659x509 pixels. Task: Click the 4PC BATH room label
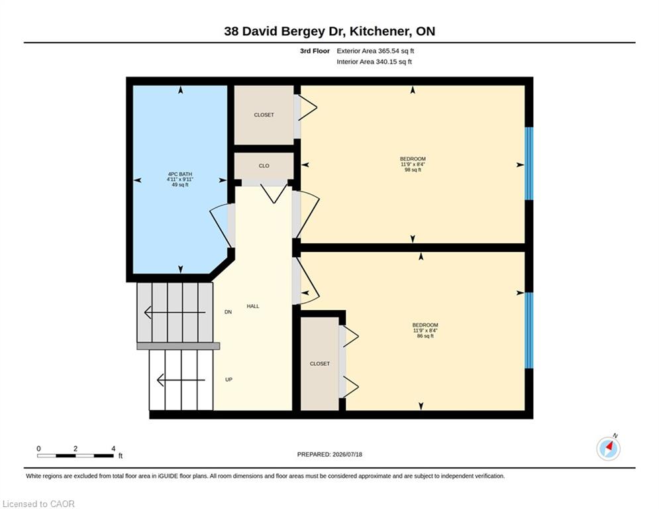[180, 174]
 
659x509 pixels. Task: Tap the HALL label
[253, 306]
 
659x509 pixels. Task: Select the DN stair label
[228, 312]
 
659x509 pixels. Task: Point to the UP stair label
[228, 380]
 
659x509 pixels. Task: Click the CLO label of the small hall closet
[264, 166]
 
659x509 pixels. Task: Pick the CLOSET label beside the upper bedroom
[264, 115]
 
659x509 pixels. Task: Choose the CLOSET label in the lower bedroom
[320, 364]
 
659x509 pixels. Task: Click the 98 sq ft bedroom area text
[413, 170]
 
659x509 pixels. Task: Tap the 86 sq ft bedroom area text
[425, 336]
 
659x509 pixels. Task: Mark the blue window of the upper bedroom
[530, 163]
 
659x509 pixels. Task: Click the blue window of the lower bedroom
[530, 330]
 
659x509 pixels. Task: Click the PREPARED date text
[330, 454]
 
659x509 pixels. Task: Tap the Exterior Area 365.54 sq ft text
[376, 51]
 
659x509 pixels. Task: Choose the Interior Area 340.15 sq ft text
[374, 62]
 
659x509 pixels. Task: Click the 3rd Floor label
[315, 51]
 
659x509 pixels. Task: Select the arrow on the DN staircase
[175, 313]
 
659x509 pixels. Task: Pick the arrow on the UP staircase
[181, 380]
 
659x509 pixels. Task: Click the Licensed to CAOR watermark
[38, 504]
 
